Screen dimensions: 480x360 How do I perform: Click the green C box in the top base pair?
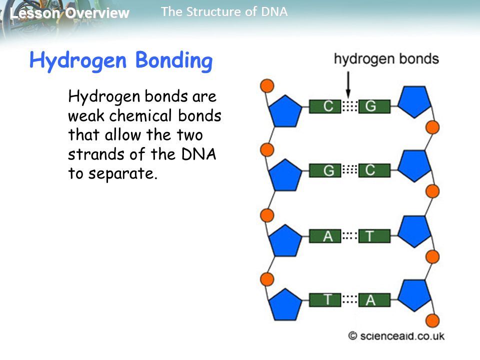click(325, 106)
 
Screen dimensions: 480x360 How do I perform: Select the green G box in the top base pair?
click(374, 106)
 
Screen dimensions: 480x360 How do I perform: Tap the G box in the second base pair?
click(325, 170)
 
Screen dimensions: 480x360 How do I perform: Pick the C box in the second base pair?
click(374, 170)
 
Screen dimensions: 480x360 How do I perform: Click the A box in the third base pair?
click(325, 236)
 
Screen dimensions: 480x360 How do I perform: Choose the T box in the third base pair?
click(374, 236)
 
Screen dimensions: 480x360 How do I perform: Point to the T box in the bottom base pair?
click(325, 299)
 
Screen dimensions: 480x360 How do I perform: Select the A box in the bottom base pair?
click(374, 299)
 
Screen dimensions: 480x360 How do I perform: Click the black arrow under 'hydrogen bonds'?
click(348, 84)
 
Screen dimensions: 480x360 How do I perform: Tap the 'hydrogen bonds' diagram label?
click(386, 59)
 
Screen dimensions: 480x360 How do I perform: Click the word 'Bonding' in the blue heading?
click(174, 60)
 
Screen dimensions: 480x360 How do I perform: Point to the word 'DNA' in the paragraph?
click(199, 154)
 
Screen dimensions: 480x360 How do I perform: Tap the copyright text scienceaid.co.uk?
click(396, 336)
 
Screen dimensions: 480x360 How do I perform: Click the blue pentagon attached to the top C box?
click(285, 111)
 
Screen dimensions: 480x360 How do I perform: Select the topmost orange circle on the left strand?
click(267, 85)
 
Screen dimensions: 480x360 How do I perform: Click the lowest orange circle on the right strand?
click(432, 321)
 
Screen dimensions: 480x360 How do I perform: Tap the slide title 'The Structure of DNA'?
click(224, 12)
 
